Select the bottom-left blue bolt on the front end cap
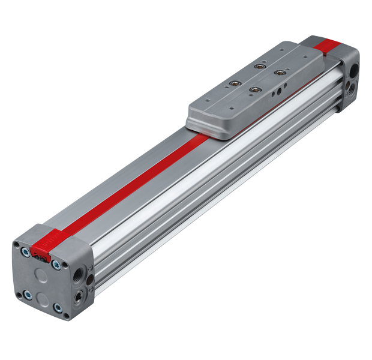point(27,293)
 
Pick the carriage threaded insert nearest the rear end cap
point(259,65)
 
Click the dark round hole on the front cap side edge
point(89,280)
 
